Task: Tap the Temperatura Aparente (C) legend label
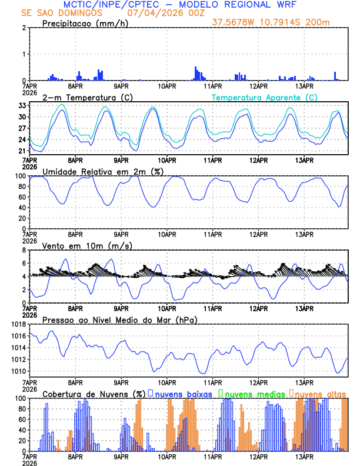(265, 97)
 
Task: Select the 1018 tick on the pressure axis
(16, 324)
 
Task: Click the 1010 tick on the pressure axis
(16, 371)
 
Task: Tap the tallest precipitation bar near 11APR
(196, 74)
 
